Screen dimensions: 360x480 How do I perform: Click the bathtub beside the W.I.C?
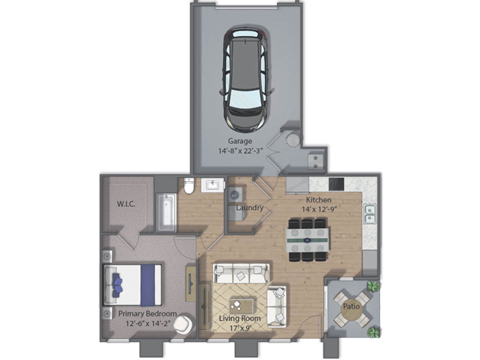click(x=167, y=211)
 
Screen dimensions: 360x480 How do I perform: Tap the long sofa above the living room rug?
click(x=241, y=272)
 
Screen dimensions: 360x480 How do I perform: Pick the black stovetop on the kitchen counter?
click(x=336, y=184)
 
